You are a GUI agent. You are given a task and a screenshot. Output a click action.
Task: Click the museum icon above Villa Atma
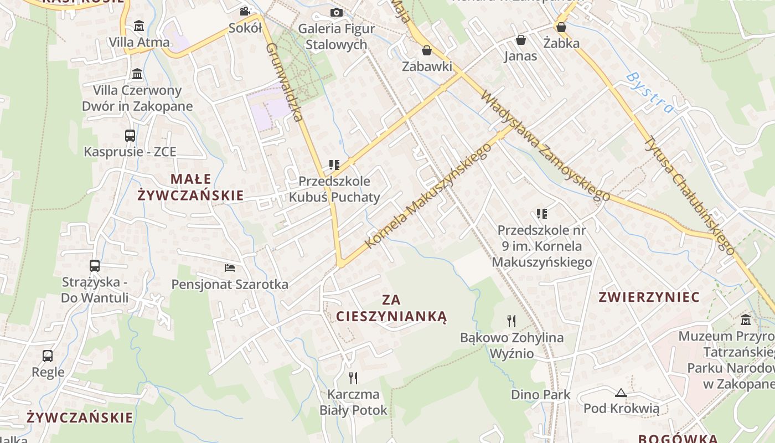pos(138,26)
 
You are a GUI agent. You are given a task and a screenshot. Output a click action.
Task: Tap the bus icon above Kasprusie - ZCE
pos(130,135)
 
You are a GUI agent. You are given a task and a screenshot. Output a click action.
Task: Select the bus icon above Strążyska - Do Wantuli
pos(95,266)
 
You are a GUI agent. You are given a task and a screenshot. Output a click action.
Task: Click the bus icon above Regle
pos(48,356)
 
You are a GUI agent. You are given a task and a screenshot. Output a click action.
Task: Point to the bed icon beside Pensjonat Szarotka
pos(230,268)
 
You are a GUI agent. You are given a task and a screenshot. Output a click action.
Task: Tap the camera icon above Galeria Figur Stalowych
pos(336,12)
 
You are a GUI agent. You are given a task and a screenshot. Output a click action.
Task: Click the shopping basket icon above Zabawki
pos(427,51)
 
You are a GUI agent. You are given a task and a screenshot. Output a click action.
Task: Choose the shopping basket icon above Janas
pos(520,40)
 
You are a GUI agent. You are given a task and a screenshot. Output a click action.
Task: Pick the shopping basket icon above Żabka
pos(561,27)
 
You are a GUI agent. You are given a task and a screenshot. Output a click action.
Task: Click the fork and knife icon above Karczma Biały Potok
pos(353,378)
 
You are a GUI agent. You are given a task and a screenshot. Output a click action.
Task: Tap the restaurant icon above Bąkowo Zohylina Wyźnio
pos(512,321)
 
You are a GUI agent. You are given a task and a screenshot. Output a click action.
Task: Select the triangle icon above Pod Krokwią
pos(621,393)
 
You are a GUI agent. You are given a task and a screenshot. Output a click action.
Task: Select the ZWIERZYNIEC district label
pos(649,297)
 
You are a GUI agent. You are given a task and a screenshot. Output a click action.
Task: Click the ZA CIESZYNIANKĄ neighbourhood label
pos(391,308)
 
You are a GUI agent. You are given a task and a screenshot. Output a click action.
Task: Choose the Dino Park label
pos(540,395)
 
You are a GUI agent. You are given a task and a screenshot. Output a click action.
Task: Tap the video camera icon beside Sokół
pos(245,11)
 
